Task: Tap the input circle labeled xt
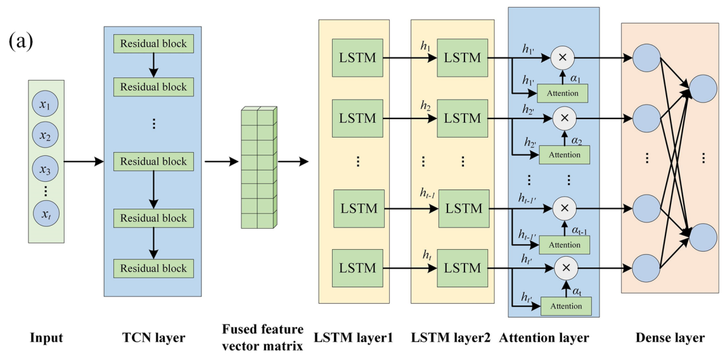coord(45,214)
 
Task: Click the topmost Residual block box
coord(153,44)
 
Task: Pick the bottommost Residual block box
coord(153,268)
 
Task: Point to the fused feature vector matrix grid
coord(258,167)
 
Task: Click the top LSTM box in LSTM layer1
coord(357,58)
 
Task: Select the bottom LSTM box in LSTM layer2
coord(463,269)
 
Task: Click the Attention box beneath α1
coord(563,94)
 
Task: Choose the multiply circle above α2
coord(562,117)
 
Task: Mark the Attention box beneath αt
coord(565,306)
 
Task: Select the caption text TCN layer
coord(153,338)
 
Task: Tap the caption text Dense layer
coord(670,338)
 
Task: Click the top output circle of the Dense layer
coord(702,89)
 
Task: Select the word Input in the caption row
coord(46,338)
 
